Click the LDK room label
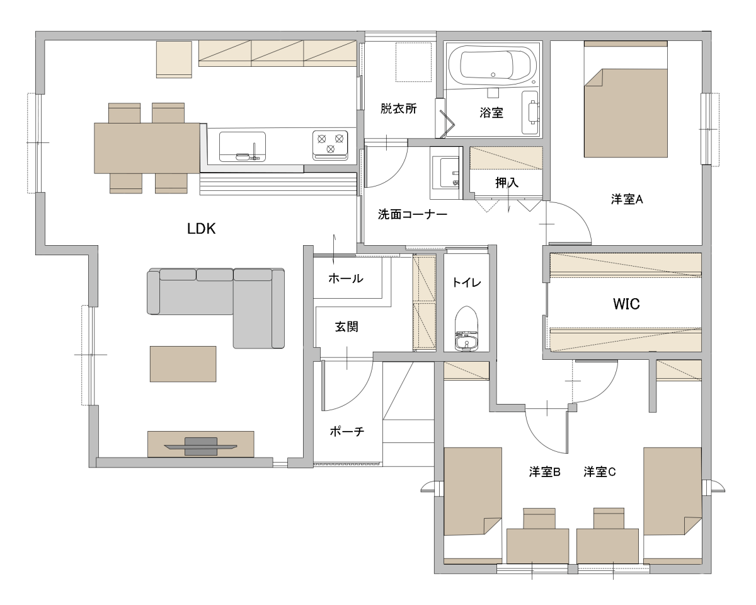click(x=201, y=229)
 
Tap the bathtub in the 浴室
click(x=492, y=65)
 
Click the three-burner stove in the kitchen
click(x=330, y=145)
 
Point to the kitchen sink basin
click(x=243, y=146)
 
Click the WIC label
click(x=626, y=304)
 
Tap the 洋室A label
click(x=627, y=199)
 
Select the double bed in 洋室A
click(x=626, y=99)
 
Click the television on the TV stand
click(x=200, y=446)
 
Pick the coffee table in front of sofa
click(x=183, y=364)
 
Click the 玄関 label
click(x=346, y=326)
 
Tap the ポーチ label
click(x=346, y=431)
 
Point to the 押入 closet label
click(x=507, y=183)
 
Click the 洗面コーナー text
click(x=413, y=214)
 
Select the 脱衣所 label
click(x=398, y=108)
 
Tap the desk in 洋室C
click(x=607, y=546)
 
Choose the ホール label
click(x=346, y=279)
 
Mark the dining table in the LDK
click(x=147, y=148)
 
